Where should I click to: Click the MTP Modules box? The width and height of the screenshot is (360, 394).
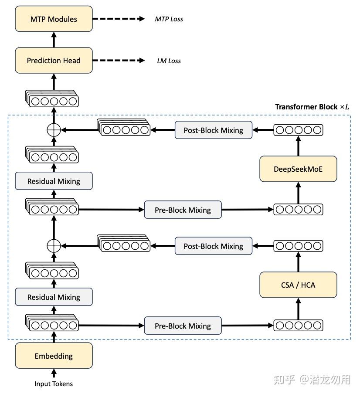point(54,19)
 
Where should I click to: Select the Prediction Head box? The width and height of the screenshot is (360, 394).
point(54,61)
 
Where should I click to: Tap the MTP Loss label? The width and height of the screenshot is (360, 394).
point(169,19)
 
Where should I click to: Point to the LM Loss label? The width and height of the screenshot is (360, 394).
point(169,61)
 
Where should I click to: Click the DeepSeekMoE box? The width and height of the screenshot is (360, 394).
point(298,169)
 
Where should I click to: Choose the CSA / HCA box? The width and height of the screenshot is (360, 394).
point(298,285)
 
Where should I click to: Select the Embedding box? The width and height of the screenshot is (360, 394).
point(54,356)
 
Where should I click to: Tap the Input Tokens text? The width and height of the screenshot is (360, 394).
point(54,384)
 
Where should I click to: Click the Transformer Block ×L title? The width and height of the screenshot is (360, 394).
point(312,107)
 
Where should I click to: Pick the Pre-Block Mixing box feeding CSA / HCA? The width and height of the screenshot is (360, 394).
point(183,326)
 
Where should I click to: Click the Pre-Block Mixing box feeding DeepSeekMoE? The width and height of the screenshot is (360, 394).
point(183,210)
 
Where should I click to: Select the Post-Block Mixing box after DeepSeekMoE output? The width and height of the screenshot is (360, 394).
point(213,130)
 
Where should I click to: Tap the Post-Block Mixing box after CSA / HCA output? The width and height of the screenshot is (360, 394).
point(213,246)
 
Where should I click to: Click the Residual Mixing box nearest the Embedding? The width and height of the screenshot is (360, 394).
point(54,297)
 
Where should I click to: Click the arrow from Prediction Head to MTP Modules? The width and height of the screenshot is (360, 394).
point(54,40)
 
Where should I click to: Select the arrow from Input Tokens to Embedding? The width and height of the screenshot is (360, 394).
point(54,373)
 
